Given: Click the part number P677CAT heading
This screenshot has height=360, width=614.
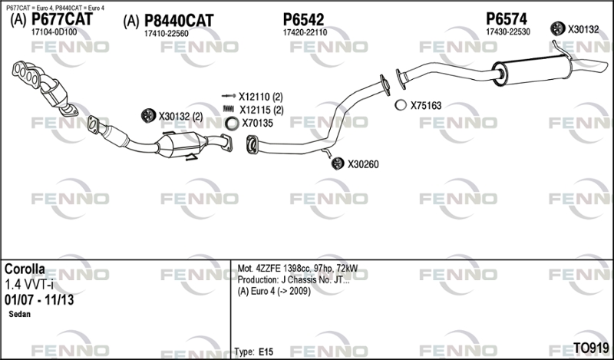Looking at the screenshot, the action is pyautogui.click(x=62, y=19).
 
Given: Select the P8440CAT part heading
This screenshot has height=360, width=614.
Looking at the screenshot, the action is pyautogui.click(x=179, y=21).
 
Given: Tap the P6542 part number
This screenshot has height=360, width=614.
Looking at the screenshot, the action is pyautogui.click(x=303, y=19).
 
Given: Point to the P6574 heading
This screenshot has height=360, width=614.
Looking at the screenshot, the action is pyautogui.click(x=507, y=18).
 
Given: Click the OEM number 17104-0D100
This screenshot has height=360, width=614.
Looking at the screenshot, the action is pyautogui.click(x=54, y=32).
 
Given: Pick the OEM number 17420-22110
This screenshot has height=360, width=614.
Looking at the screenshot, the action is pyautogui.click(x=305, y=32).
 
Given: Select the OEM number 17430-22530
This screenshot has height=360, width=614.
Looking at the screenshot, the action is pyautogui.click(x=508, y=32).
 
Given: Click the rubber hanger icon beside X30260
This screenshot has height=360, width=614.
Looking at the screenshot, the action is pyautogui.click(x=338, y=163).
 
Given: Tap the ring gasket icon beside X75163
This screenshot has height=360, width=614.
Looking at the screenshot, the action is pyautogui.click(x=401, y=105).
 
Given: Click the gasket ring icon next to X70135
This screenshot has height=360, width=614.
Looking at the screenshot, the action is pyautogui.click(x=232, y=124).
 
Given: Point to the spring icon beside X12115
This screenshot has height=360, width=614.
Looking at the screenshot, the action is pyautogui.click(x=228, y=109).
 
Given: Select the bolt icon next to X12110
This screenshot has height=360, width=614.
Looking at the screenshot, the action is pyautogui.click(x=229, y=96).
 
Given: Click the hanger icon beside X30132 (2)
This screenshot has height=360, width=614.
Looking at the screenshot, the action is pyautogui.click(x=148, y=116).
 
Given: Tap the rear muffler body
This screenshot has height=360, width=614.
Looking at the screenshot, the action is pyautogui.click(x=532, y=70).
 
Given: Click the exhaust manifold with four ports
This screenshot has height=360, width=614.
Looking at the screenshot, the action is pyautogui.click(x=28, y=74).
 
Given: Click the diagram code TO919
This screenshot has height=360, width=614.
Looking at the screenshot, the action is pyautogui.click(x=591, y=348).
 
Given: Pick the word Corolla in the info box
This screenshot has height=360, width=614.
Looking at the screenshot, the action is pyautogui.click(x=25, y=269).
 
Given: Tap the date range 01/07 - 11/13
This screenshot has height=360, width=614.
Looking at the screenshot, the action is pyautogui.click(x=39, y=300).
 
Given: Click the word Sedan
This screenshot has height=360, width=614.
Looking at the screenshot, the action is pyautogui.click(x=20, y=314).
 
